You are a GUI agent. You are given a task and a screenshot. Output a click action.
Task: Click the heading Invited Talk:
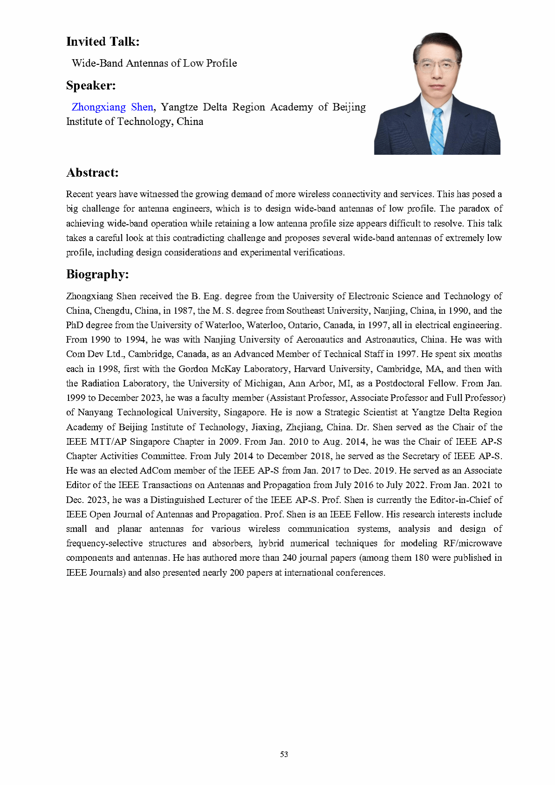tap(103, 42)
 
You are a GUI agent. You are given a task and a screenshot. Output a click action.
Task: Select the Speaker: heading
tap(91, 86)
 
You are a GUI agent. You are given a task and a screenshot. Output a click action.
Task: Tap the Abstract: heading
tap(92, 173)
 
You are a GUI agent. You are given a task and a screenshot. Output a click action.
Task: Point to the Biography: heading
tap(97, 274)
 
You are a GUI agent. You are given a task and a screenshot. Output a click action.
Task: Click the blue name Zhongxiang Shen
tap(112, 107)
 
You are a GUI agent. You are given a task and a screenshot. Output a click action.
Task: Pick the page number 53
tap(284, 754)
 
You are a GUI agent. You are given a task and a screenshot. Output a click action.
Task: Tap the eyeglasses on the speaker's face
tap(437, 65)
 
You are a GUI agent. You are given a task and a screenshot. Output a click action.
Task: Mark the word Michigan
tap(264, 383)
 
